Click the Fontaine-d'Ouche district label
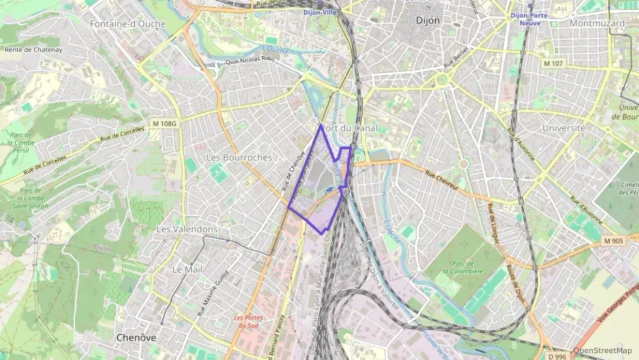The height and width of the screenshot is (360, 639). click(124, 24)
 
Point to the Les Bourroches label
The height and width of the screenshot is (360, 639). click(239, 157)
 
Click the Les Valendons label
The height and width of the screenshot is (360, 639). click(187, 230)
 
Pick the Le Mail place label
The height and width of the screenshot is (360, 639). click(186, 269)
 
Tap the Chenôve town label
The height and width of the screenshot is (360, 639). click(136, 337)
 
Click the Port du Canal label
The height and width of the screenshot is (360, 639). click(349, 128)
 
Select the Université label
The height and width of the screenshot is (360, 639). click(564, 128)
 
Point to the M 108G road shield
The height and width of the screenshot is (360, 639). click(165, 124)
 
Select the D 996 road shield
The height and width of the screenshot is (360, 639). click(558, 356)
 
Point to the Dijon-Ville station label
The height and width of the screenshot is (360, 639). click(321, 12)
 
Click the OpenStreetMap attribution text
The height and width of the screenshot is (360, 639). click(602, 350)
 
